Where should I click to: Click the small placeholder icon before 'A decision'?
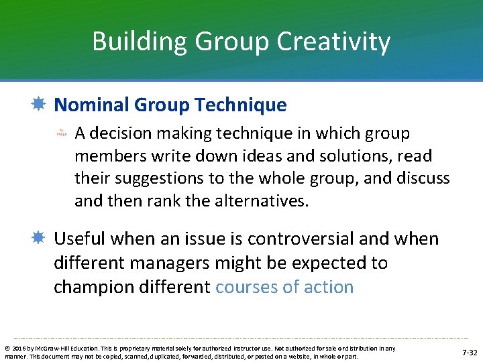pos(61,133)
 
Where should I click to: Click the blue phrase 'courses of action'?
pos(284,287)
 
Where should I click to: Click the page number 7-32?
pos(470,353)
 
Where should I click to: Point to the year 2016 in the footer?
pos(15,349)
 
